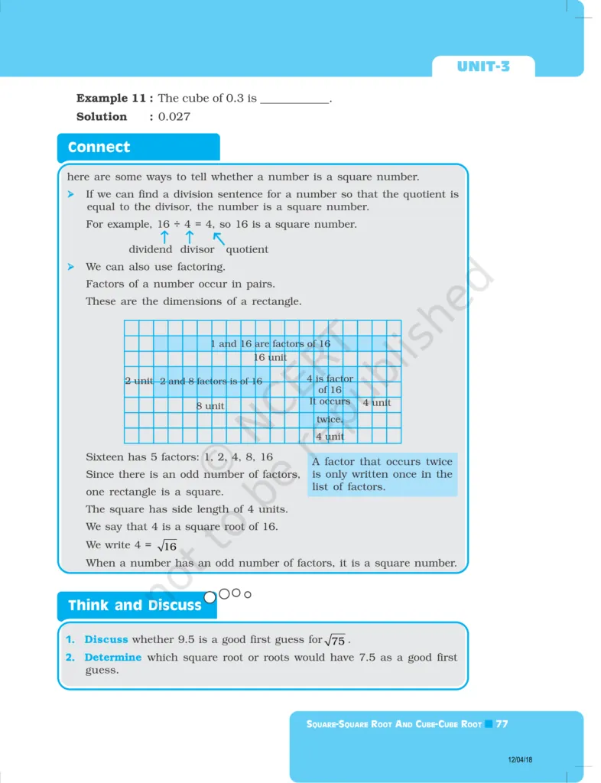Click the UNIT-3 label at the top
[x=483, y=67]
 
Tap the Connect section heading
[x=99, y=148]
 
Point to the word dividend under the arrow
[x=150, y=249]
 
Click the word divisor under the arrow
[x=197, y=249]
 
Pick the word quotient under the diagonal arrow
[x=247, y=249]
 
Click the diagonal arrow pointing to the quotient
[x=219, y=238]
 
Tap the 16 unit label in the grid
[x=270, y=357]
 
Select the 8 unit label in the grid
[x=210, y=406]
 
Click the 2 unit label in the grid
[x=139, y=381]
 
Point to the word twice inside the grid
[x=330, y=419]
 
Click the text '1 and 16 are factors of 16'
[x=270, y=344]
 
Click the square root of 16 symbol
[x=167, y=546]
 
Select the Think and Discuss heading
[x=135, y=606]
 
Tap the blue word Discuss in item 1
[x=106, y=639]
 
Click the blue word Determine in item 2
[x=112, y=657]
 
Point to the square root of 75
[x=335, y=640]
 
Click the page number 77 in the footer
[x=502, y=723]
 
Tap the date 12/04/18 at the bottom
[x=520, y=759]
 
